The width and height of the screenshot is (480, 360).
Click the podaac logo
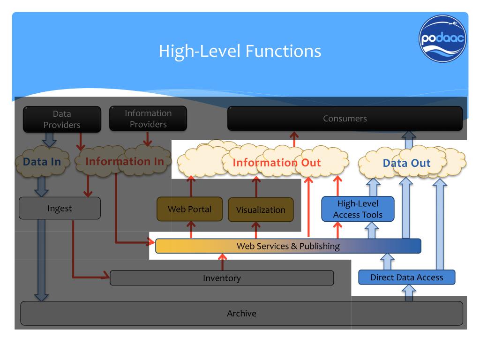tap(442, 38)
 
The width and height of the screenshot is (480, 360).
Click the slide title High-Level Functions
tap(240, 51)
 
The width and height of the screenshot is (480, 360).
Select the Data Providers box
tap(62, 119)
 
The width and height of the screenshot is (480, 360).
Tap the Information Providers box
tap(148, 119)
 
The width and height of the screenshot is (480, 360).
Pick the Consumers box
tap(345, 119)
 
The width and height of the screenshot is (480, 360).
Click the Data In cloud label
tap(42, 162)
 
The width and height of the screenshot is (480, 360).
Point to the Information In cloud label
tap(125, 161)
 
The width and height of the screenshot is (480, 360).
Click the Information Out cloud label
tap(277, 163)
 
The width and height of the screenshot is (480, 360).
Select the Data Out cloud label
tap(406, 163)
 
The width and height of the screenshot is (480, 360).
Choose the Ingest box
tap(60, 208)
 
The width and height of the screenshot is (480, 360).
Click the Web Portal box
tap(189, 209)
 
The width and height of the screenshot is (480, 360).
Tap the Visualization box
tap(261, 210)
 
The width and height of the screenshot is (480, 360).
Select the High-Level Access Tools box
tap(358, 209)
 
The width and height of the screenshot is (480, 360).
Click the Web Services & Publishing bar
tap(288, 246)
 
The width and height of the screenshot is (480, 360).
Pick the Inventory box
tap(222, 278)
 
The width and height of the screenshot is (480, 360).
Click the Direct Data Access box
tap(407, 277)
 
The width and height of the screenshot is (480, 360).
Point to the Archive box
tap(241, 313)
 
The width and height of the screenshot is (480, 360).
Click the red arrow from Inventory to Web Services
tap(223, 262)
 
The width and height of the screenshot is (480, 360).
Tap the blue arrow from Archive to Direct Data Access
tap(409, 293)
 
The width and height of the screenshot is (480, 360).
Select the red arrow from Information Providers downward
tap(148, 139)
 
